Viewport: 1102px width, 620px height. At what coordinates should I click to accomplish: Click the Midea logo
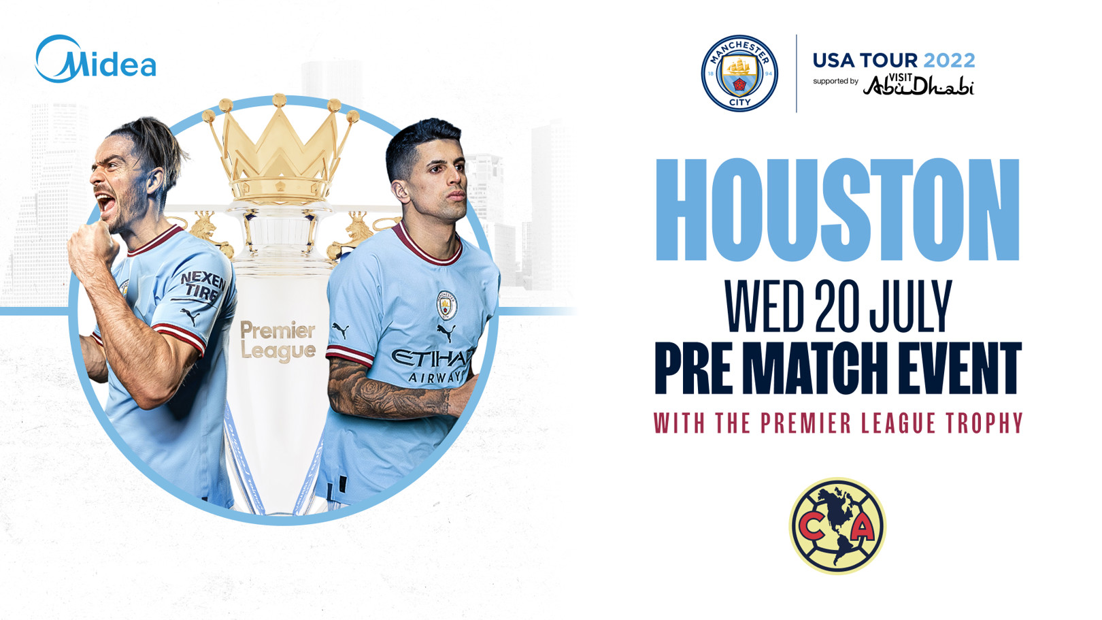tap(95, 59)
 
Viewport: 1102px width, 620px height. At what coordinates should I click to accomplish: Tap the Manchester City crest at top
tap(739, 73)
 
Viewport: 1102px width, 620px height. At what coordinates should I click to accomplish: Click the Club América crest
tap(838, 526)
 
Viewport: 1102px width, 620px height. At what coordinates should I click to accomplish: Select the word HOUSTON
tap(838, 209)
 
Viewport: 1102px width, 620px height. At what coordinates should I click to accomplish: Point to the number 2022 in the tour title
tap(950, 61)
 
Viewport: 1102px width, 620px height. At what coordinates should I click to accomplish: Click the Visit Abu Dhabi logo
tap(918, 84)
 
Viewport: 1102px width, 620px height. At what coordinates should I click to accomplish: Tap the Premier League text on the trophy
tap(278, 342)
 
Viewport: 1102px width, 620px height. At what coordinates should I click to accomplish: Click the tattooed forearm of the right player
tap(388, 391)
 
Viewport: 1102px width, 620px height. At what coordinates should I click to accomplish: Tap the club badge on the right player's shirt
tap(446, 305)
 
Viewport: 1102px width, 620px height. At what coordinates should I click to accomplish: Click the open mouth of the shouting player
tap(105, 202)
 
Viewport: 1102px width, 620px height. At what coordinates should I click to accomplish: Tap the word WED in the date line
tap(765, 306)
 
